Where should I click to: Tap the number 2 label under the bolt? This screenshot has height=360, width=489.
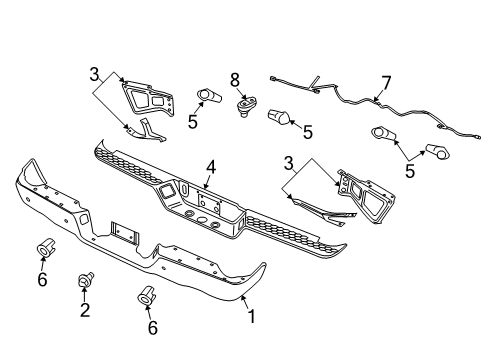pos(85,311)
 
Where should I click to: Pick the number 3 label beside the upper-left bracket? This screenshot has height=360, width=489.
pos(93,75)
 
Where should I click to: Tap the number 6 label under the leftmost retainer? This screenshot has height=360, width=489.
pos(42,279)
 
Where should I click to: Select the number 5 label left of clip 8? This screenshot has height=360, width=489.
pos(192,122)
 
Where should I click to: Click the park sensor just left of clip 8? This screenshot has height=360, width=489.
pos(208,96)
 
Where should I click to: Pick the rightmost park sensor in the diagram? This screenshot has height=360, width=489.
pos(437,150)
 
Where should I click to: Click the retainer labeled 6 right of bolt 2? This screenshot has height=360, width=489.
pos(147,295)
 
